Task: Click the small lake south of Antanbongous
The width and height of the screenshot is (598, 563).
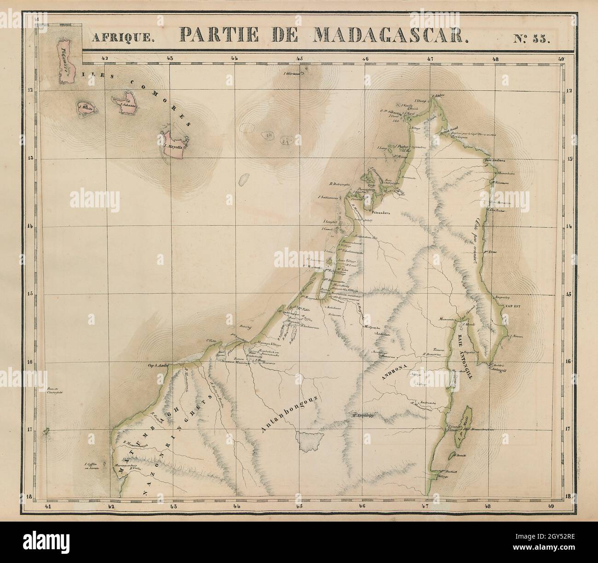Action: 310,441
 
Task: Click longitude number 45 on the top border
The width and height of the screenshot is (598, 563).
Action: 299,58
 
